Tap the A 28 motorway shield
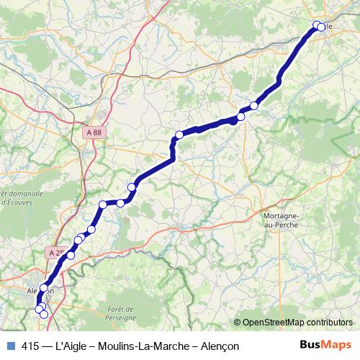57,253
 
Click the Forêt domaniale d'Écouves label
13,199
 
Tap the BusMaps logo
325,345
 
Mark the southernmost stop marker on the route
44,315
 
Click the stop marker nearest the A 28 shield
71,255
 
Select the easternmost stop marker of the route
321,27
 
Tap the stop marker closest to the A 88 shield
103,204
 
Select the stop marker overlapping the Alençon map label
43,288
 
